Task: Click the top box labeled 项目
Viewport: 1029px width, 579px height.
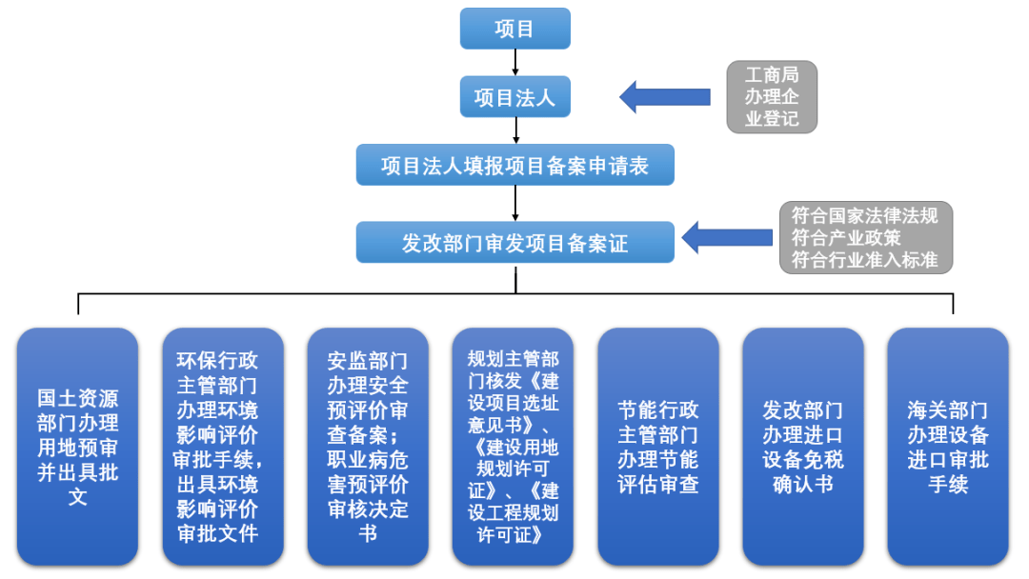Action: [x=514, y=29]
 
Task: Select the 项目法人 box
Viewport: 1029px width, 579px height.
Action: [x=514, y=96]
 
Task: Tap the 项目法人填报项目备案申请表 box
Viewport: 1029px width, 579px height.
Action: [x=514, y=166]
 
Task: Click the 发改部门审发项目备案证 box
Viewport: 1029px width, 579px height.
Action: [x=514, y=243]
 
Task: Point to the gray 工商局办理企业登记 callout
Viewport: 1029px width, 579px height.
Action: [x=771, y=96]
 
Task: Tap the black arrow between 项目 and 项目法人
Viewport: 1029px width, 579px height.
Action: [x=514, y=62]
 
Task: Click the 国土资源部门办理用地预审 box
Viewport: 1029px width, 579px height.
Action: [x=78, y=447]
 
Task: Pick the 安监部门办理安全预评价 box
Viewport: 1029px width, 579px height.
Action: [x=368, y=447]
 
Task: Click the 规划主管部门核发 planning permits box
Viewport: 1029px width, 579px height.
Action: [x=513, y=447]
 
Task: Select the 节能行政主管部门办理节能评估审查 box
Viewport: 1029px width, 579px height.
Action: [x=658, y=447]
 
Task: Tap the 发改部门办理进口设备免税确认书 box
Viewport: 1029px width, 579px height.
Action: [x=803, y=447]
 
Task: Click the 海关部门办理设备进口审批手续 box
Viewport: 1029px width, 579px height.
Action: [x=948, y=447]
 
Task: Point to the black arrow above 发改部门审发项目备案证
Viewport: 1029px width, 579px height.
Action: [x=514, y=203]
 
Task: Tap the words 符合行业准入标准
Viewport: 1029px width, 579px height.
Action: [x=865, y=259]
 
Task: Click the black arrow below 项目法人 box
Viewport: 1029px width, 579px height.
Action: [x=514, y=130]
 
